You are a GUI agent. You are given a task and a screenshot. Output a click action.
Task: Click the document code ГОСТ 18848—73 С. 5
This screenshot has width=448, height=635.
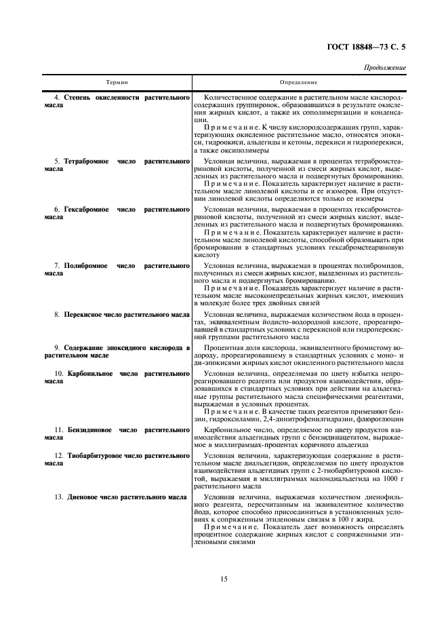[x=366, y=47]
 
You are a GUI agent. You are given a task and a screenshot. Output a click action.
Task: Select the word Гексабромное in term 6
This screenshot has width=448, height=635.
[x=86, y=210]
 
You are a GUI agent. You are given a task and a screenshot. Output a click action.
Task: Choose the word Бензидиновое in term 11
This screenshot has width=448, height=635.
[x=87, y=430]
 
